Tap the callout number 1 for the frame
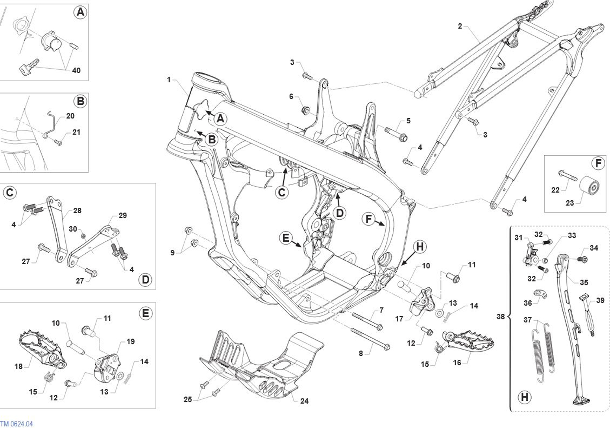[x=169, y=80]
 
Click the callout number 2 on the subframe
[x=460, y=26]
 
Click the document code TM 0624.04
[x=17, y=424]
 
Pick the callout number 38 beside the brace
[x=500, y=316]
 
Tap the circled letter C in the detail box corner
[x=9, y=193]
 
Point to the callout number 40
[x=76, y=70]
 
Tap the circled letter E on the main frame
[x=286, y=238]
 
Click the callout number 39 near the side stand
[x=600, y=300]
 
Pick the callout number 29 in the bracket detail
[x=122, y=215]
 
